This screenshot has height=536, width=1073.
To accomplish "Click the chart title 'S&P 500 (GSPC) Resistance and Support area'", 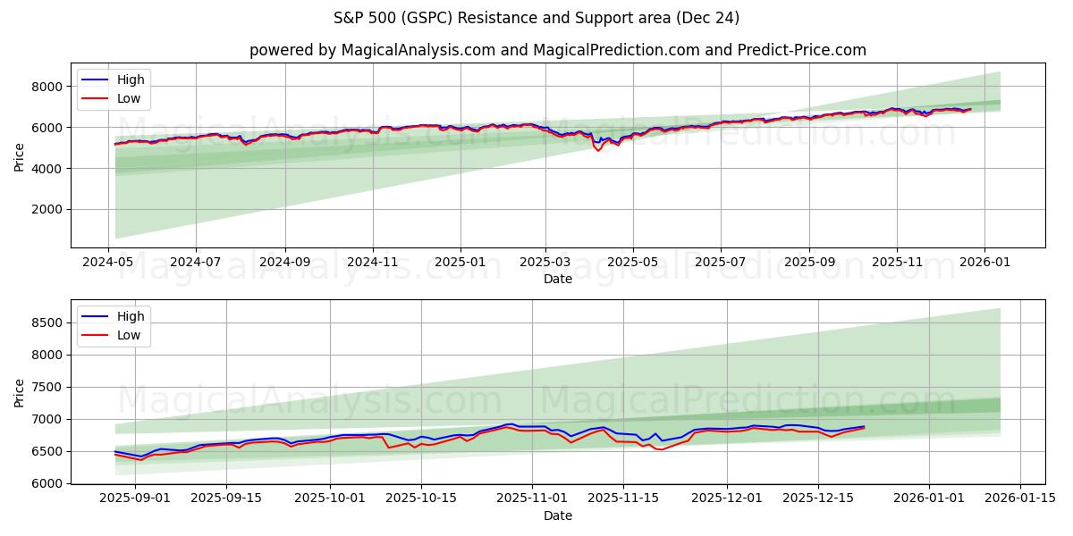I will pyautogui.click(x=536, y=18).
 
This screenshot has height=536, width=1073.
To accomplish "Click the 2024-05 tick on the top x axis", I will pyautogui.click(x=109, y=264).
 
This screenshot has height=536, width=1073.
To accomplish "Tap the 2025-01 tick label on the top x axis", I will pyautogui.click(x=460, y=264).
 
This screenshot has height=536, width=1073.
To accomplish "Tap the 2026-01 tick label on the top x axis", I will pyautogui.click(x=984, y=264).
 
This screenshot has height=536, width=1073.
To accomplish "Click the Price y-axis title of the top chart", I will pyautogui.click(x=20, y=155).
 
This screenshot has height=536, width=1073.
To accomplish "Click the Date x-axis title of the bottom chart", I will pyautogui.click(x=557, y=516).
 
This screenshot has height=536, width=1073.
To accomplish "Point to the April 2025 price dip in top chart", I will pyautogui.click(x=598, y=149).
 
